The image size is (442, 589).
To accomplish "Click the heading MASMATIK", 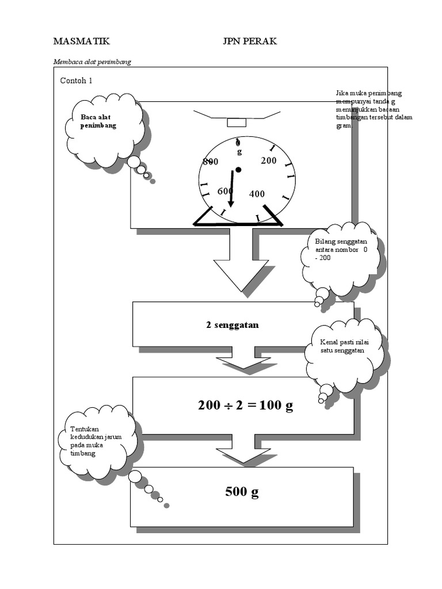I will [x=81, y=41].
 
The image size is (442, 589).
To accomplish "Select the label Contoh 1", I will [x=76, y=81].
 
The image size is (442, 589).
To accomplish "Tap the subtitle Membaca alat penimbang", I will [x=92, y=62].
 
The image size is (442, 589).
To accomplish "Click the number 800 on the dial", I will [x=211, y=162].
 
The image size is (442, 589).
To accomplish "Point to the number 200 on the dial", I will [x=268, y=161].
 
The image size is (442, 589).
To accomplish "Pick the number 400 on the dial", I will [x=257, y=194].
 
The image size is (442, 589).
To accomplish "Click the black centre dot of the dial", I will [x=238, y=170].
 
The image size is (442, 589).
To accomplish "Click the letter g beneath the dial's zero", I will [x=239, y=152].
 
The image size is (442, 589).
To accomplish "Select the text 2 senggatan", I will [x=233, y=325].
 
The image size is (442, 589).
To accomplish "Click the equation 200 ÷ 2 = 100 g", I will [x=245, y=406].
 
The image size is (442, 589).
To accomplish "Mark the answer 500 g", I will [x=242, y=492].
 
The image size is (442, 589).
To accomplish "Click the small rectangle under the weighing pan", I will [x=237, y=123].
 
